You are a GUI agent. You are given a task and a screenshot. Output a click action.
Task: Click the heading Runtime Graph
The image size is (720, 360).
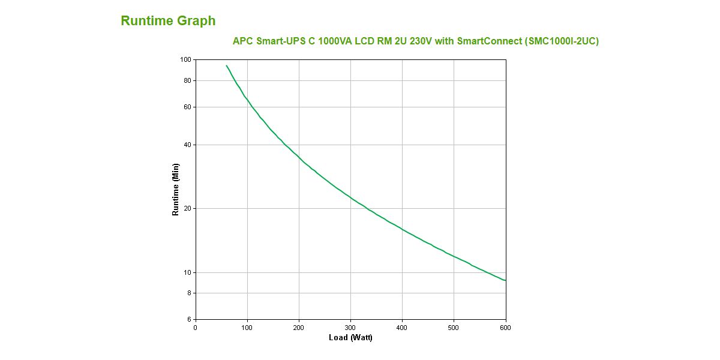168,21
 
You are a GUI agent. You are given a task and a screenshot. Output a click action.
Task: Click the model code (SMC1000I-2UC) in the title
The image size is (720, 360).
562,41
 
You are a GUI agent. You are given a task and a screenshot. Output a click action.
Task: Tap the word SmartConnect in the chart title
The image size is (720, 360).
489,41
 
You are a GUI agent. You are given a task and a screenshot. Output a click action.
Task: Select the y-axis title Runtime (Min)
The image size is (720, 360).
176,190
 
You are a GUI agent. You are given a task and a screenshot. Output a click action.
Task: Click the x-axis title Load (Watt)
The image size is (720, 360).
350,338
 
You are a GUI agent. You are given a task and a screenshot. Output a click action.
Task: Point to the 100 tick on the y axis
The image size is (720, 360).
185,60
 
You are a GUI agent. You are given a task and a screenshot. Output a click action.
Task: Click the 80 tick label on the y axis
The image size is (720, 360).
187,80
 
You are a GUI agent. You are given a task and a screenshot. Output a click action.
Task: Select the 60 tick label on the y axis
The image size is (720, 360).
187,107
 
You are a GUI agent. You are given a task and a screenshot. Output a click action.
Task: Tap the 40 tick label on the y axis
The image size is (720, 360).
187,145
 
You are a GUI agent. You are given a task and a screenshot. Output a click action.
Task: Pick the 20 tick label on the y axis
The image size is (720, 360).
187,209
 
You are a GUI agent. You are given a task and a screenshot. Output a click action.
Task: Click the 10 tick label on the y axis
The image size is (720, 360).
187,272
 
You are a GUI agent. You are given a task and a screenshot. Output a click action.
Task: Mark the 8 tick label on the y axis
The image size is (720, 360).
188,293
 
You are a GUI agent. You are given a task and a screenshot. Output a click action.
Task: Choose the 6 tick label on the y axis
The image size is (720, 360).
188,320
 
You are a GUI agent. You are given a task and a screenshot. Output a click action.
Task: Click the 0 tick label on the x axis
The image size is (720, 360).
196,328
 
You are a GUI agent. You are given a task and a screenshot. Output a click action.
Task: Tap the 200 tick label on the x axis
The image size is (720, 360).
299,328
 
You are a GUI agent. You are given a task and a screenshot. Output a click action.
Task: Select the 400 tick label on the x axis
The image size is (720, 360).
402,328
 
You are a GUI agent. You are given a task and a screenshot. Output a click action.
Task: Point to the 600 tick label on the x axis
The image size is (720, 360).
505,328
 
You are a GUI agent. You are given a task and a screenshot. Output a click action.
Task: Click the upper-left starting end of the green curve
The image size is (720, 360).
226,65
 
